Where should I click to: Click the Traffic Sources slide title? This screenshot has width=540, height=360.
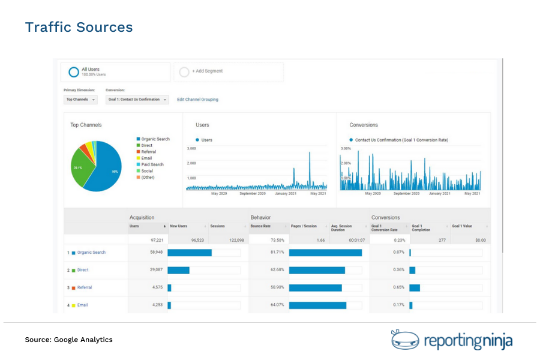click(x=79, y=28)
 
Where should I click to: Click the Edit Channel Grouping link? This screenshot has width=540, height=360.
click(x=197, y=100)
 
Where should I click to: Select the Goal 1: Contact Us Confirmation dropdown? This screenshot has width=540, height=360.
click(x=137, y=100)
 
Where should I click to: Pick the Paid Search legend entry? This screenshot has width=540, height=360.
click(x=152, y=164)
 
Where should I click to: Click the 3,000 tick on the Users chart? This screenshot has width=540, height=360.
click(x=191, y=148)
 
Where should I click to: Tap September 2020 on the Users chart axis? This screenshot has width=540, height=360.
click(x=253, y=194)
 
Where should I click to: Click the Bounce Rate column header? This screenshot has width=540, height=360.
click(x=261, y=226)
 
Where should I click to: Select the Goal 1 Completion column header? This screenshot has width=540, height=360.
click(x=421, y=228)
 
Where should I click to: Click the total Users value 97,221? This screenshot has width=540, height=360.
click(x=154, y=240)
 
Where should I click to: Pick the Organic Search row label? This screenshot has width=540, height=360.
click(x=91, y=253)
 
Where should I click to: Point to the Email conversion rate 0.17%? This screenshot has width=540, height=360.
click(x=398, y=305)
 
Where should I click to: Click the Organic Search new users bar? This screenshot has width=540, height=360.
click(x=190, y=253)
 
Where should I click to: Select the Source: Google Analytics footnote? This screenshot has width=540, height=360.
click(x=68, y=340)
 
